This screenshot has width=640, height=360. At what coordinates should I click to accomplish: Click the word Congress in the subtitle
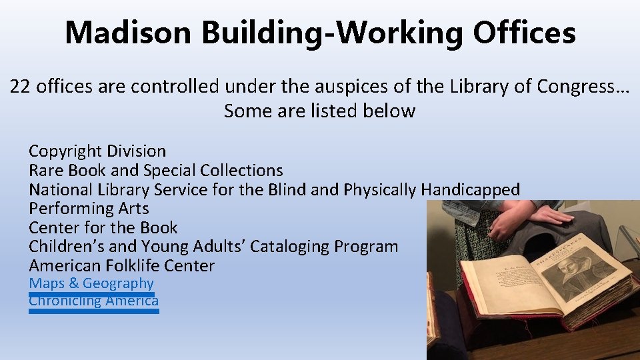pos(577,86)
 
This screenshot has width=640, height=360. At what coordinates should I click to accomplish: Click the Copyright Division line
pos(97,151)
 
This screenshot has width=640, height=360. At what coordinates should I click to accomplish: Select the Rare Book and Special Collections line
pos(155,171)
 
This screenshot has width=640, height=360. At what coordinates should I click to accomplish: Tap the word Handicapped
pos(470,189)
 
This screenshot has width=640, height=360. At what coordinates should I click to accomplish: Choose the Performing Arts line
pos(89,209)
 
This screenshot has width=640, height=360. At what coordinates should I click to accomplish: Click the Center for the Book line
pos(103,227)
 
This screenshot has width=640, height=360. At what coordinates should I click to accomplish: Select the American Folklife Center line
pos(121,265)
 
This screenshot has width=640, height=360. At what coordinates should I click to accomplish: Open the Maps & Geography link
pos(91,283)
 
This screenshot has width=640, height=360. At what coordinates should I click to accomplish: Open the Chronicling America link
pos(93,301)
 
